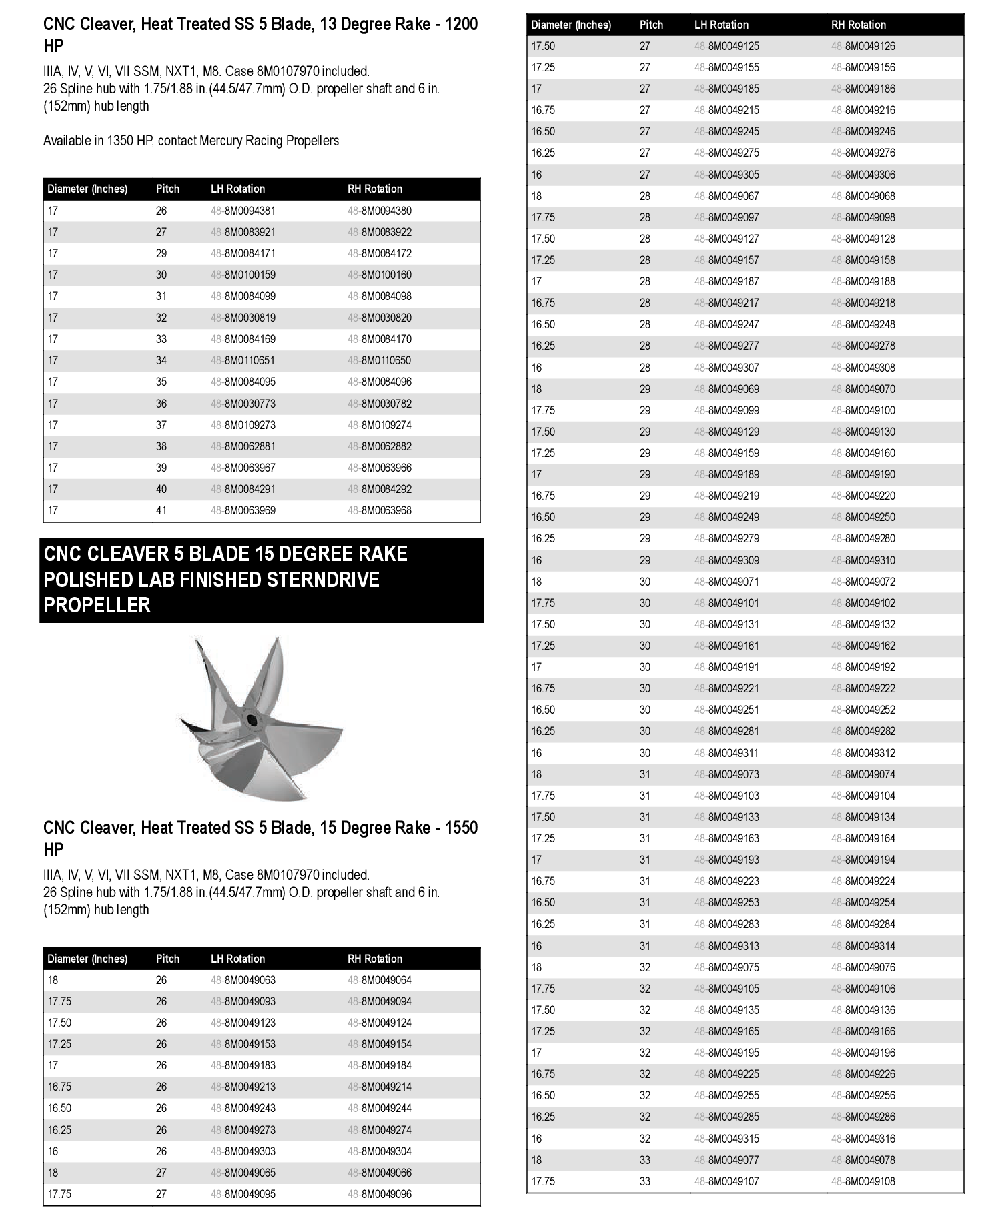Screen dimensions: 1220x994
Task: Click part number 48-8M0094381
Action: click(x=243, y=211)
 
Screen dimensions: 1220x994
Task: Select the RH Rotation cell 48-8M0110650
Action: click(x=379, y=360)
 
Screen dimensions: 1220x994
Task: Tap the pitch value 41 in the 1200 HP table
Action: click(x=161, y=510)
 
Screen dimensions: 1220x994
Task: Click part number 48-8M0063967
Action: click(x=243, y=468)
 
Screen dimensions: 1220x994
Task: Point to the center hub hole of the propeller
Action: click(x=252, y=720)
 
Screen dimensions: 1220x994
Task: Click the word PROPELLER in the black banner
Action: click(x=97, y=605)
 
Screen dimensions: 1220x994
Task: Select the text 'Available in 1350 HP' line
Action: click(x=191, y=141)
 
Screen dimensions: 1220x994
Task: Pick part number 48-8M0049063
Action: click(x=243, y=980)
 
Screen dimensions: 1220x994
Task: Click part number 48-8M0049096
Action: click(x=379, y=1194)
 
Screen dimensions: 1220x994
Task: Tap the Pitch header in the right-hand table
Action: click(x=651, y=25)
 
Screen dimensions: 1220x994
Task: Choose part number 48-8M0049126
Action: click(x=863, y=46)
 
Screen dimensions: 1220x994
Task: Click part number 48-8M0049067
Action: click(x=726, y=196)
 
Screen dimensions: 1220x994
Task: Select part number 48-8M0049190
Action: click(x=863, y=474)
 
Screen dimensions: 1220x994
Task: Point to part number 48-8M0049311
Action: click(x=726, y=753)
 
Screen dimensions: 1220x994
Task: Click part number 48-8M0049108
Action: click(x=863, y=1181)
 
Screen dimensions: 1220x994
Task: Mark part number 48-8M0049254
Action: click(x=863, y=902)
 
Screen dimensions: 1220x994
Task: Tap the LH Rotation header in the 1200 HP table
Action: click(x=237, y=189)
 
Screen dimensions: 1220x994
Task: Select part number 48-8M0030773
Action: click(x=243, y=404)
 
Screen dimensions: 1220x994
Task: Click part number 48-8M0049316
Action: click(x=863, y=1139)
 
